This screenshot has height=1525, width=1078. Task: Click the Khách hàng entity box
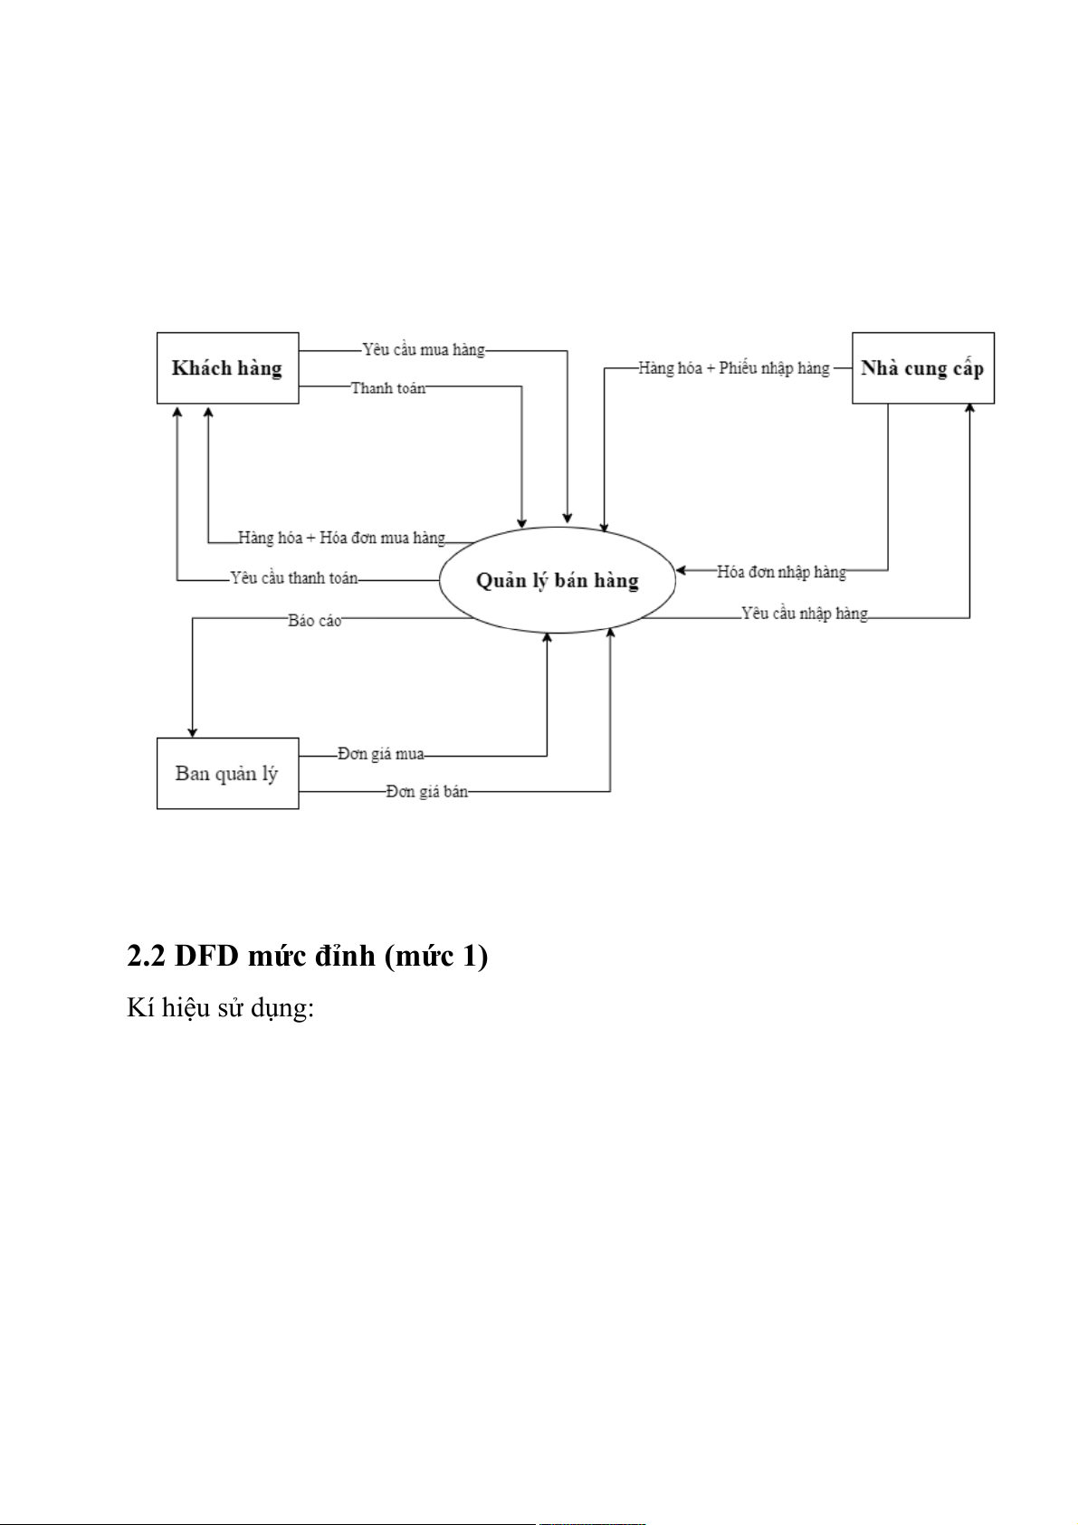click(x=227, y=367)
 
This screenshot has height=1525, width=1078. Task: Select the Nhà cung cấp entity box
click(x=922, y=367)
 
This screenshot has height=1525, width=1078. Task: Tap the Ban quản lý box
click(x=227, y=773)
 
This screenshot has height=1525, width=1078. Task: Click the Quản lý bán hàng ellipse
click(x=558, y=580)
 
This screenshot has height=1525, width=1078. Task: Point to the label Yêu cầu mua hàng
click(x=424, y=349)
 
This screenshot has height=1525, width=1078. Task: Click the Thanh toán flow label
click(x=388, y=387)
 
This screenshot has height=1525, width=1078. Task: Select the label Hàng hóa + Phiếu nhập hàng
click(x=734, y=367)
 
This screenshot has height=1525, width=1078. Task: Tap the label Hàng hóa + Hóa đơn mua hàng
click(x=341, y=538)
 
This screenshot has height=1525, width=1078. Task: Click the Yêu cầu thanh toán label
click(x=294, y=577)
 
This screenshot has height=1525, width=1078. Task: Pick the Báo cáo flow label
click(x=315, y=620)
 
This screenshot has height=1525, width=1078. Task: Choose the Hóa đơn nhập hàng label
click(x=782, y=571)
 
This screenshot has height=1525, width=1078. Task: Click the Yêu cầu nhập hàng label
click(x=805, y=614)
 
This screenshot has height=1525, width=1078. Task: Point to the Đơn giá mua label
click(x=381, y=753)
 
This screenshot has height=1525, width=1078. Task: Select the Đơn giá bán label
click(x=427, y=791)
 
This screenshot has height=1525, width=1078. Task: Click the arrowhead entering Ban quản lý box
click(x=192, y=731)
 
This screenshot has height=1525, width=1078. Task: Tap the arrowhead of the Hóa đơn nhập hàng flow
click(x=682, y=570)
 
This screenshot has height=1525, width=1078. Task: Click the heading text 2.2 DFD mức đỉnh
click(x=307, y=955)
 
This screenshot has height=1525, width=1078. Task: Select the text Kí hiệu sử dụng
click(x=220, y=1007)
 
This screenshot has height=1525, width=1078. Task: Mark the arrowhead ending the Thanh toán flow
click(x=522, y=522)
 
